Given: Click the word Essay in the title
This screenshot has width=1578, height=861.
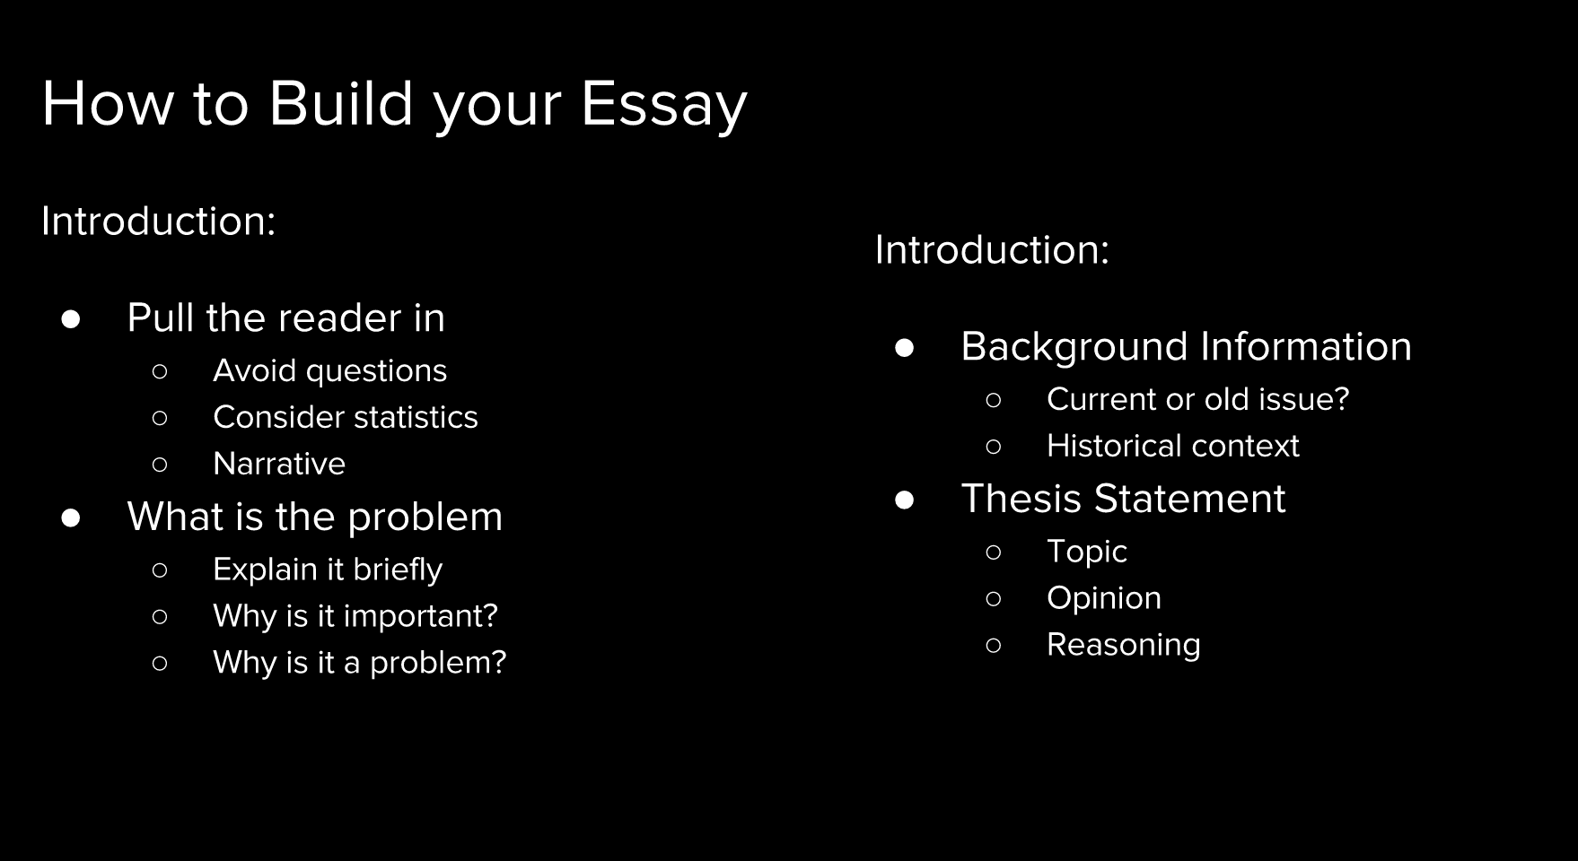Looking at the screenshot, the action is point(663,105).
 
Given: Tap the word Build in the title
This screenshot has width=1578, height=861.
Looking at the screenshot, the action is point(341,102).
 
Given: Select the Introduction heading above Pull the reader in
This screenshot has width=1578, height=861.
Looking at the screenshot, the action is point(158,221).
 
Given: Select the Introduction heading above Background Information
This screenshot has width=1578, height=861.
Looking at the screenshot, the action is point(992,249).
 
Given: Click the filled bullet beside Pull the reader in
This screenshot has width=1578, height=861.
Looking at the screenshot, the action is point(71,319).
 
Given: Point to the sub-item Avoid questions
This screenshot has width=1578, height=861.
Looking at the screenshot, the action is point(329,371).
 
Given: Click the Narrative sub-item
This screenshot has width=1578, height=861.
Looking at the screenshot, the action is point(279,464).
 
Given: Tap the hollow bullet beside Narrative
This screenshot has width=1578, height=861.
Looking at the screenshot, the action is point(160,465).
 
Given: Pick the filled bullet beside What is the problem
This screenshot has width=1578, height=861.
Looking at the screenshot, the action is point(71,518).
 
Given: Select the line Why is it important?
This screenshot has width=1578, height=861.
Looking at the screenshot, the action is point(355,616).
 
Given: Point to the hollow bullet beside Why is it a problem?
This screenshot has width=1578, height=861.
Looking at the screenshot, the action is point(160,664).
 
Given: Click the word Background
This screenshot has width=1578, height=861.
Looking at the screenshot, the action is point(1074,348).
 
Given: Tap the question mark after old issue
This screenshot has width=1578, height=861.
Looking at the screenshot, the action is point(1341,399).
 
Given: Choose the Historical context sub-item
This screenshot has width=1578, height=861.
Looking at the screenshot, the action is point(1172,446).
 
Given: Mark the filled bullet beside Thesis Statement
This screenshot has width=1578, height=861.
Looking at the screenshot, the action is point(905,500).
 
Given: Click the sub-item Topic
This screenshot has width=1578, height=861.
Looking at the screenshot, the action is point(1086,552).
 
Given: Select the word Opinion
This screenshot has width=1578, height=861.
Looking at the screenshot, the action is point(1104,599).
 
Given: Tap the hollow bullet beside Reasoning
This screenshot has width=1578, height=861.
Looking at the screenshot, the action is point(994,646).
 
